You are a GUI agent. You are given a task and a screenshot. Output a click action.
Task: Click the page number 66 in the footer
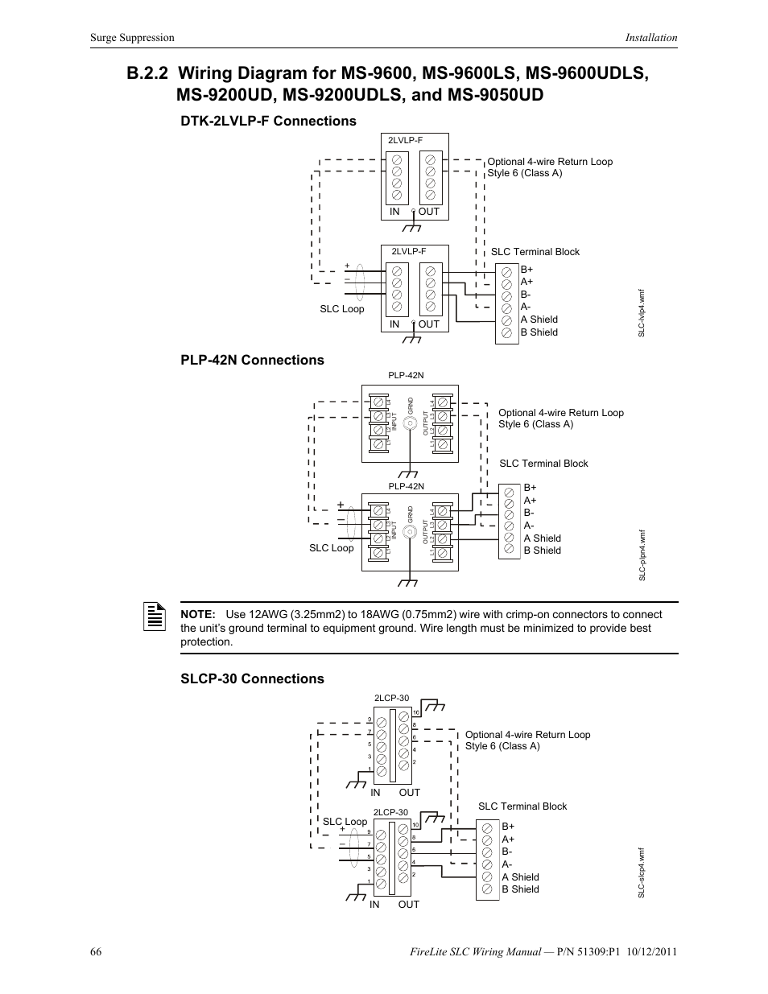click(97, 951)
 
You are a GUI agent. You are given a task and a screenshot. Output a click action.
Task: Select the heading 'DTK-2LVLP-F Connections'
click(268, 121)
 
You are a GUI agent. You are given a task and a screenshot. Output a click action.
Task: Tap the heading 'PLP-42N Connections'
click(252, 360)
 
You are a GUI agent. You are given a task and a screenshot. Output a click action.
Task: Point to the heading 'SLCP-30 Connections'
click(252, 678)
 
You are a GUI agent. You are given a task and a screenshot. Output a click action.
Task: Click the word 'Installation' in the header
click(652, 37)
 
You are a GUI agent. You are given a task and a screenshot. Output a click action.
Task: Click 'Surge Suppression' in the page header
click(132, 37)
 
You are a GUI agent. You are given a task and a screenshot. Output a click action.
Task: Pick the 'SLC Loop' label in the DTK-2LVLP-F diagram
click(342, 309)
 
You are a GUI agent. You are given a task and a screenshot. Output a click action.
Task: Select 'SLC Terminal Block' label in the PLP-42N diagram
click(543, 464)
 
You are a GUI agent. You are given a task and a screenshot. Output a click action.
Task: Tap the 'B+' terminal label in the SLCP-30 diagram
click(508, 827)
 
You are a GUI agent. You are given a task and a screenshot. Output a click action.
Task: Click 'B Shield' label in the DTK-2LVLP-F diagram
click(539, 332)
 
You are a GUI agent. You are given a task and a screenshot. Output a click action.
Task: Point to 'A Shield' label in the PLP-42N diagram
click(542, 538)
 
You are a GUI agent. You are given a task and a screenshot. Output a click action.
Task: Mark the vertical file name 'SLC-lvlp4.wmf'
click(642, 314)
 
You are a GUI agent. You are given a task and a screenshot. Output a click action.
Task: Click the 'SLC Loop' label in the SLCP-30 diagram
click(345, 822)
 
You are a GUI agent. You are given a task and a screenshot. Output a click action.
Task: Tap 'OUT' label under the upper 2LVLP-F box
click(429, 212)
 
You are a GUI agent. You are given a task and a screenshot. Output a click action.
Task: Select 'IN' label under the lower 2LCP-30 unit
click(374, 905)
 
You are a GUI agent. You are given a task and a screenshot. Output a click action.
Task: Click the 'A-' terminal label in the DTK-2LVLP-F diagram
click(525, 307)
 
